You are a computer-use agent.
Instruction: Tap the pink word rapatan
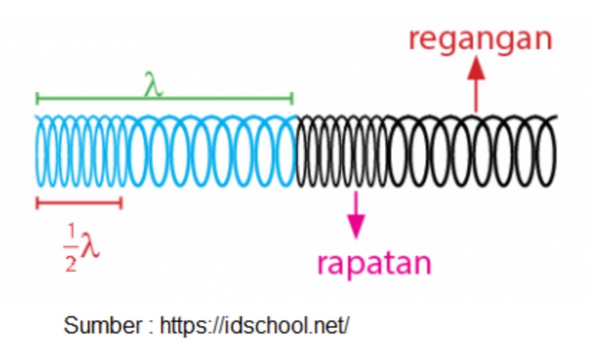[374, 263]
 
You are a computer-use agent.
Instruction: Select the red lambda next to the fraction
[89, 246]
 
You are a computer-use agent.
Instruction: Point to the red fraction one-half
[70, 249]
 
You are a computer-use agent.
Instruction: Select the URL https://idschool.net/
[254, 325]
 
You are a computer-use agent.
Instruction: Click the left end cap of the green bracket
[37, 98]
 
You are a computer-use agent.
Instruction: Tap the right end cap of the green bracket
[291, 98]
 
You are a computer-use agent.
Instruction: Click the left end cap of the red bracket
[37, 203]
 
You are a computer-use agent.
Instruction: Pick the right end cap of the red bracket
[121, 203]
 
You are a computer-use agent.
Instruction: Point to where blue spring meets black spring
[296, 151]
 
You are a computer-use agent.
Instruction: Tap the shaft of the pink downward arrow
[356, 202]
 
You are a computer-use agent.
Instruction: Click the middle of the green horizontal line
[164, 99]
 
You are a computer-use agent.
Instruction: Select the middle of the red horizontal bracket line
[79, 203]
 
